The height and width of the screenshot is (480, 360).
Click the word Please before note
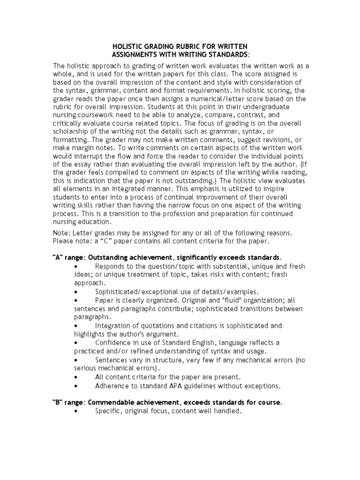coord(63,241)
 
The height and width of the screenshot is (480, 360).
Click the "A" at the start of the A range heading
coord(55,257)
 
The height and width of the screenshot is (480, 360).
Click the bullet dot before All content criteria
coord(76,377)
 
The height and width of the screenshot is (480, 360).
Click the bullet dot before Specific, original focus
coord(76,411)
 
